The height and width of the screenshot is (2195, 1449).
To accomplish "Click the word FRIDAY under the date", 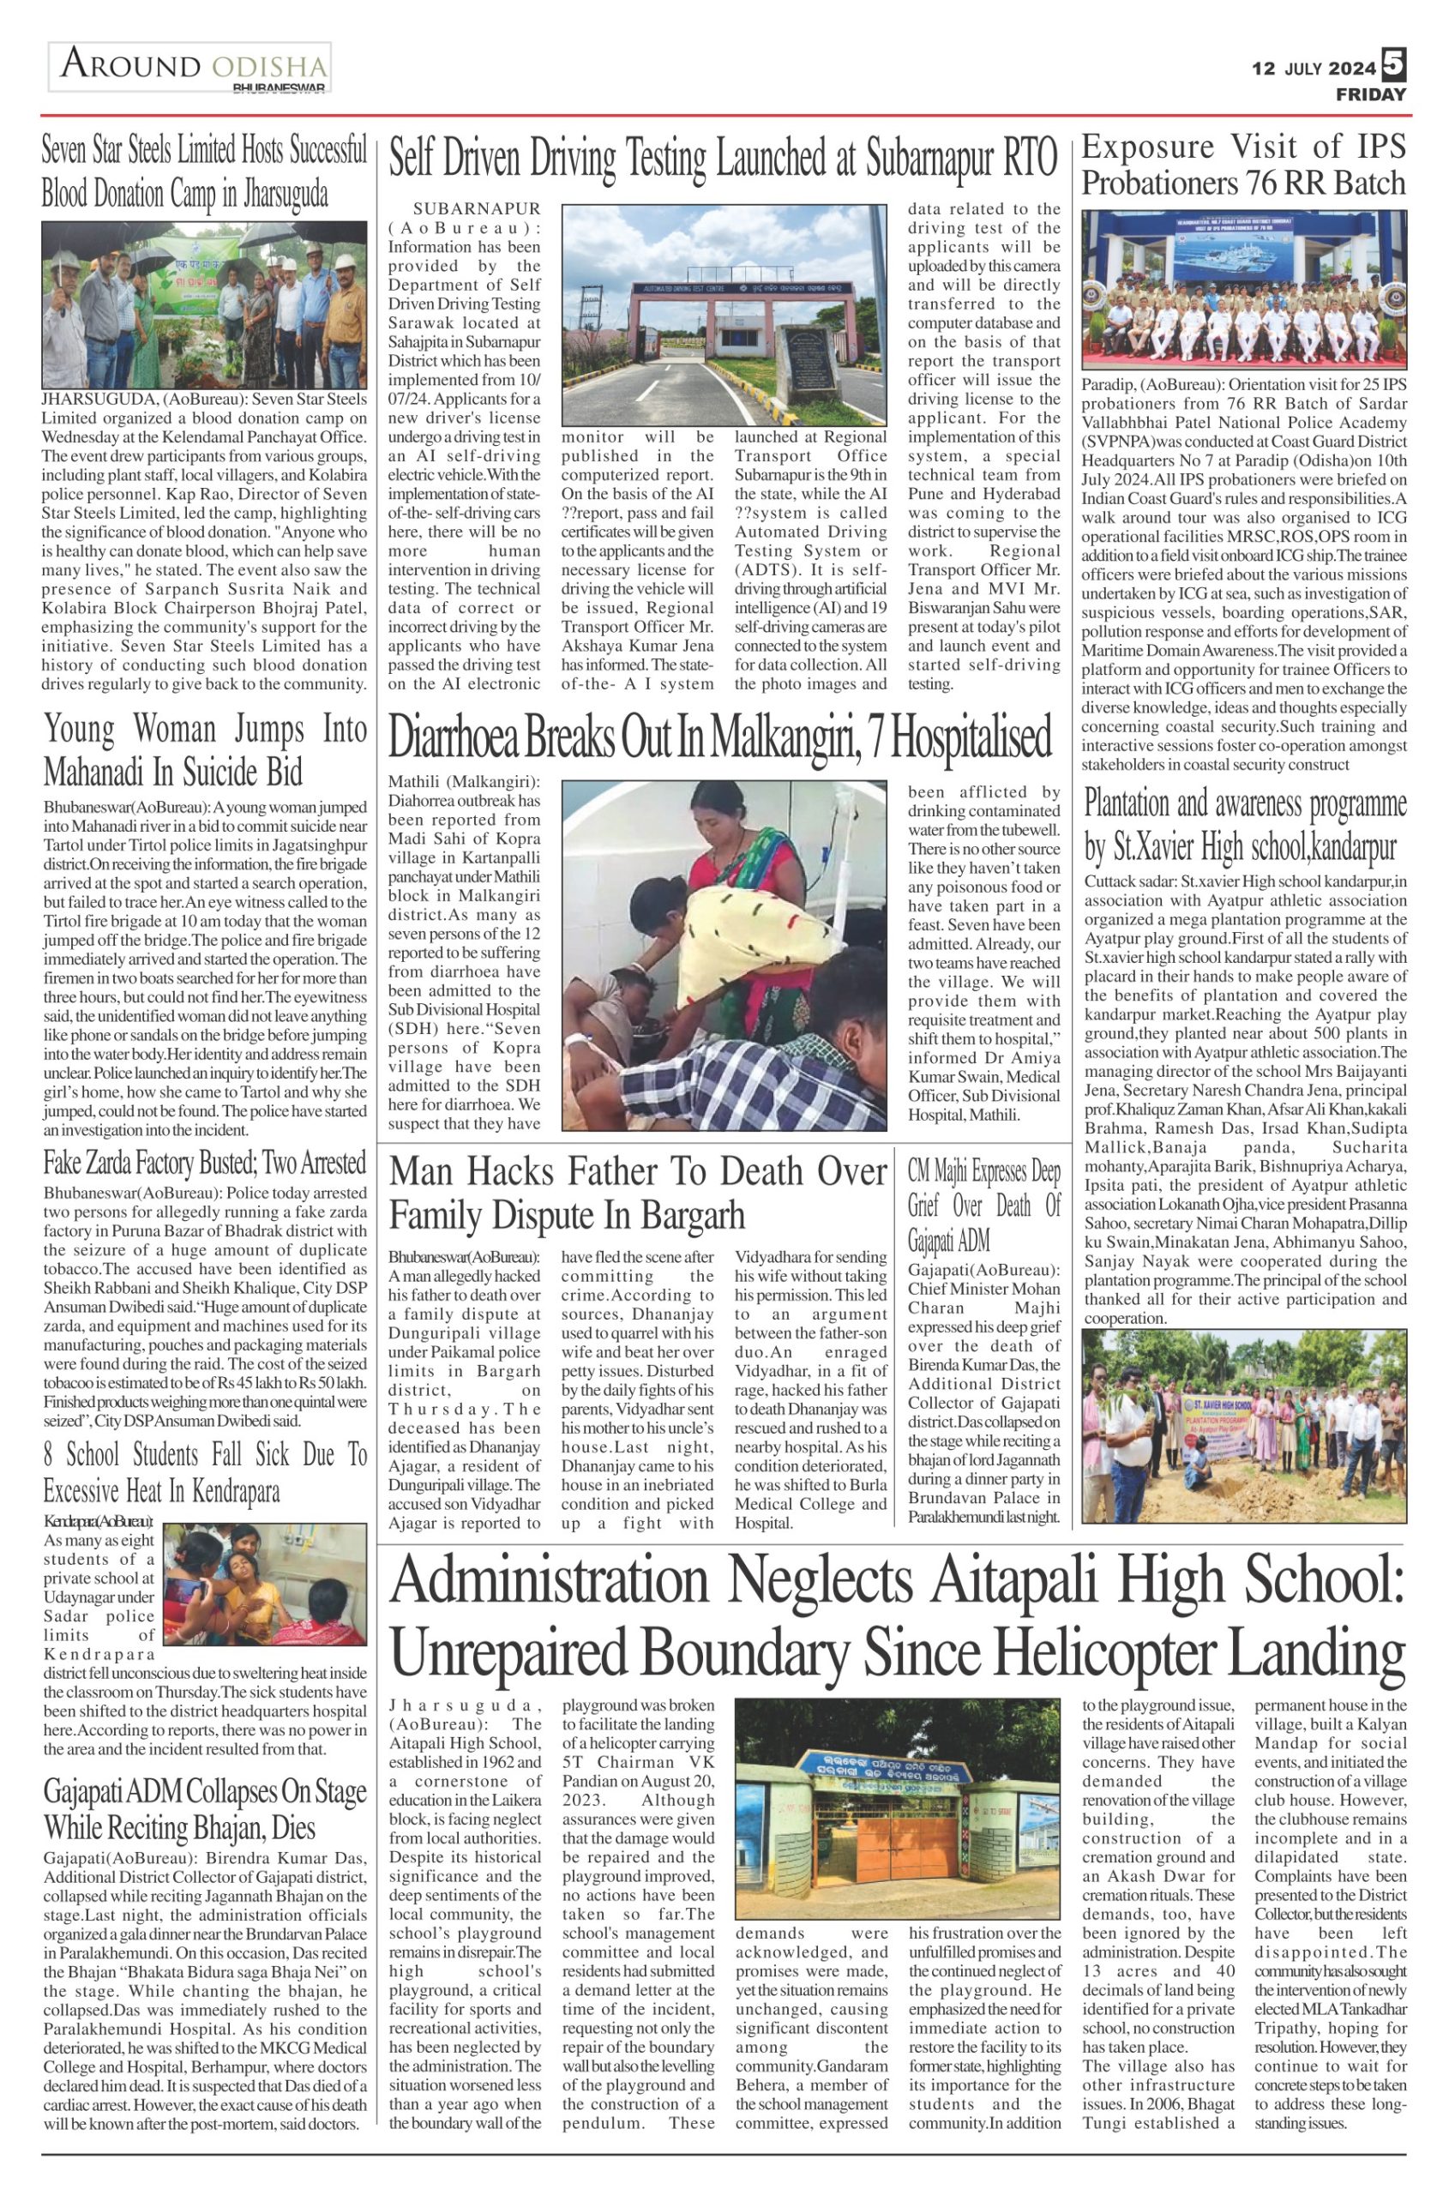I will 1370,94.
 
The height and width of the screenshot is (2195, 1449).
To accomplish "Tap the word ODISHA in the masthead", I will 269,68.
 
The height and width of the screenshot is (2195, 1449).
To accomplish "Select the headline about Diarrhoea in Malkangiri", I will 720,739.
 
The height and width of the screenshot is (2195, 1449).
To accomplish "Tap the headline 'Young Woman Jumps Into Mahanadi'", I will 205,749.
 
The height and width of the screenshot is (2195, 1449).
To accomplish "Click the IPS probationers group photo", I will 1244,289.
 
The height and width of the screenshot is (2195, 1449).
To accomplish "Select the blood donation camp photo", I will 204,305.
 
